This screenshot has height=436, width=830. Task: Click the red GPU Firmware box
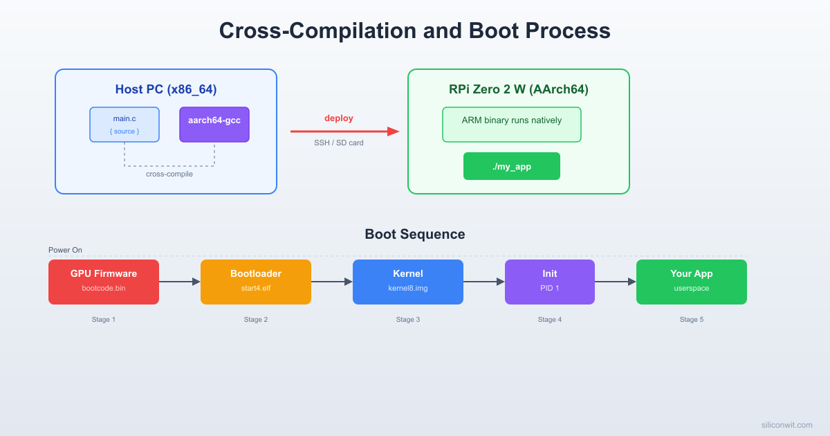coord(104,282)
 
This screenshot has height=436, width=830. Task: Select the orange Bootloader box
coord(256,282)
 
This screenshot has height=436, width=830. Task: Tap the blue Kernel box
coord(408,282)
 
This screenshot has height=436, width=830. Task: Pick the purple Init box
coord(550,282)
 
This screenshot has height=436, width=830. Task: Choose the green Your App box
coord(692,282)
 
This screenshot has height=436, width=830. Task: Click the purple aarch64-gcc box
coord(214,125)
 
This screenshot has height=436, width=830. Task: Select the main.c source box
coord(124,125)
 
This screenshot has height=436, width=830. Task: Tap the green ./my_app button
coord(512,166)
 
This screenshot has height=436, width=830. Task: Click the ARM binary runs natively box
coord(512,125)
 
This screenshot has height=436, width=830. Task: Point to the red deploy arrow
coord(344,131)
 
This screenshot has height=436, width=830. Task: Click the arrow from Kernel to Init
coord(484,282)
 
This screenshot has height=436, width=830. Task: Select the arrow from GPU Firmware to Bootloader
coord(180,282)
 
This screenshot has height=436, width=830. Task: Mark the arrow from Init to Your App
coord(616,282)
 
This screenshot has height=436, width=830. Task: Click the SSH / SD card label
coord(339,143)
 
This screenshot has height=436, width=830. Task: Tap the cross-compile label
coord(169,174)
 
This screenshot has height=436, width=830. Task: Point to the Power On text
coord(65,250)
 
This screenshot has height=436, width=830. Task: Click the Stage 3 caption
coord(408,320)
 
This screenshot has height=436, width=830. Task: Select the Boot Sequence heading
coord(415,234)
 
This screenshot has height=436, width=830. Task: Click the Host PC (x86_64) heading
coord(166,89)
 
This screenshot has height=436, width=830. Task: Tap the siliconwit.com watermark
coord(786,425)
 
